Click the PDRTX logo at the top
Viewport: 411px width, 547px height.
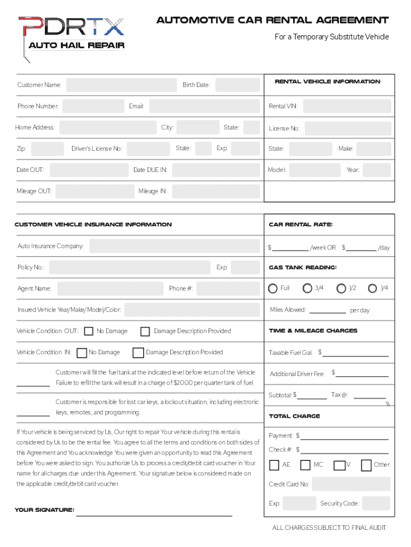click(x=72, y=33)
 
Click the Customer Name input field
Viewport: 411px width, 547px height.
click(x=121, y=85)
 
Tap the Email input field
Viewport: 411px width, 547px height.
click(x=204, y=106)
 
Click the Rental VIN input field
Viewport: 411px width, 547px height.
click(x=346, y=106)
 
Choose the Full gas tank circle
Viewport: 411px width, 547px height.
click(x=273, y=288)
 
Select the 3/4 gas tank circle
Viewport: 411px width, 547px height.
click(x=307, y=288)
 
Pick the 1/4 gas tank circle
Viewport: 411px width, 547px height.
click(x=373, y=288)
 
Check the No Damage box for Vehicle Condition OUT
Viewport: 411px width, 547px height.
click(x=89, y=332)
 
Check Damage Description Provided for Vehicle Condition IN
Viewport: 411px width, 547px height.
click(x=138, y=353)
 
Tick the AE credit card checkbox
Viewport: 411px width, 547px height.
click(x=274, y=465)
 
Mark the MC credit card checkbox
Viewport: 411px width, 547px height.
click(x=306, y=465)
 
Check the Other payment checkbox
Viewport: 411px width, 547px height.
click(x=366, y=465)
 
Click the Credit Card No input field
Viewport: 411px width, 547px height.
click(x=351, y=484)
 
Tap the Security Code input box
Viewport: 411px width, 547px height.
click(x=376, y=503)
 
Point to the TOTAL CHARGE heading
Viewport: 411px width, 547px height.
click(x=295, y=416)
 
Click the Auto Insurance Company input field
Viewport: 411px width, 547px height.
click(x=175, y=246)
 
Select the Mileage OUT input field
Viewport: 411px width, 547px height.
click(x=94, y=191)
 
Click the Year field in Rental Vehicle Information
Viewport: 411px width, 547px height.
click(x=377, y=170)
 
